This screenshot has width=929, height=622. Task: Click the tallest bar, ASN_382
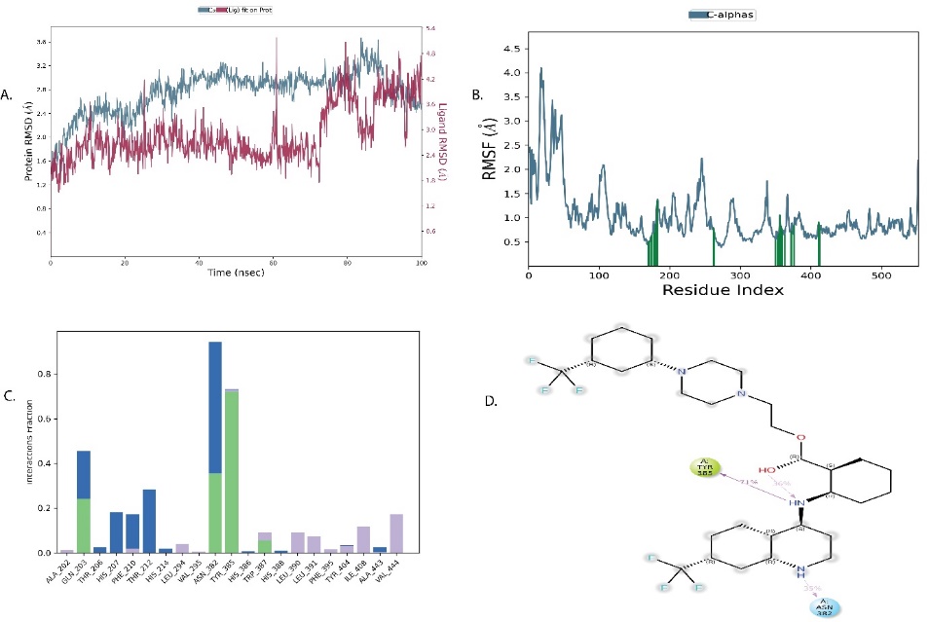215,448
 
